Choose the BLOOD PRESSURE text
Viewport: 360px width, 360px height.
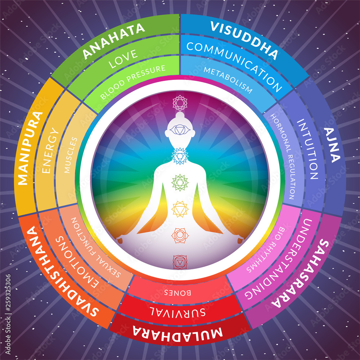[133, 82]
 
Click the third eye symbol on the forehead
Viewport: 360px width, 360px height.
[180, 130]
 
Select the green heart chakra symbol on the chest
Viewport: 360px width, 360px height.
[180, 183]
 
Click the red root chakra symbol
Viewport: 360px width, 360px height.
[180, 262]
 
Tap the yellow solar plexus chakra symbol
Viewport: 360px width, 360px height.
[180, 209]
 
